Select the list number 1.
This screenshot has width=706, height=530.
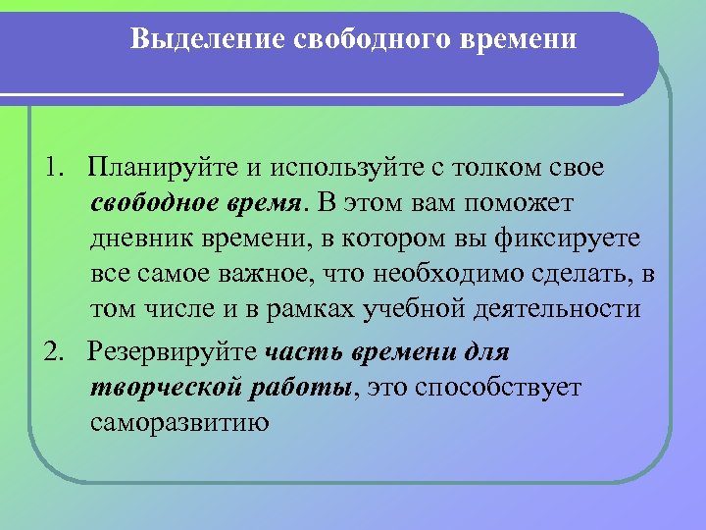50,168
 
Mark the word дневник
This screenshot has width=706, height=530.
134,238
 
